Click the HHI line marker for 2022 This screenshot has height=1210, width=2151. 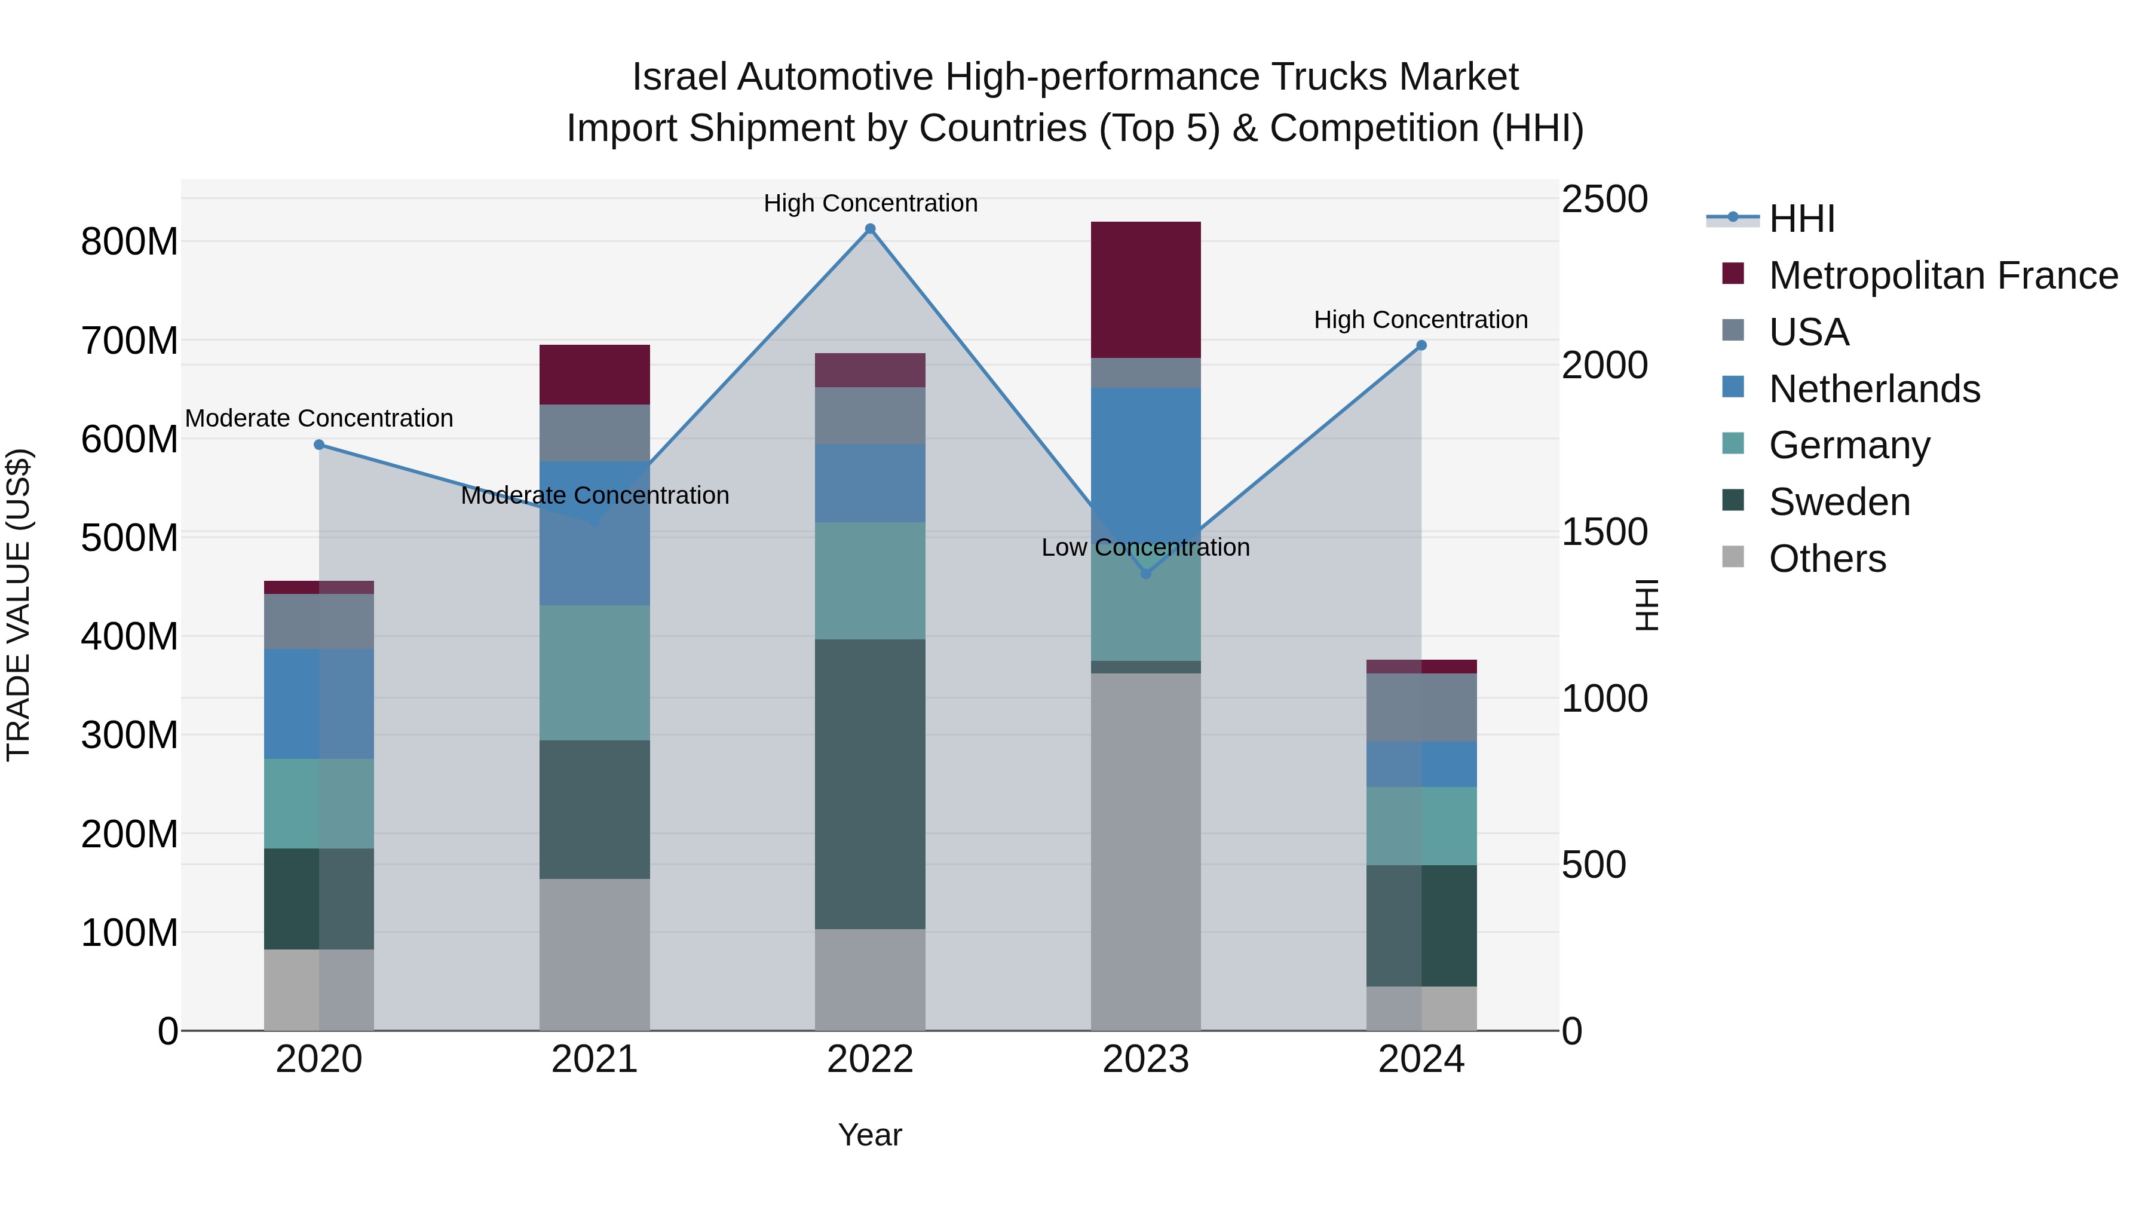(x=870, y=229)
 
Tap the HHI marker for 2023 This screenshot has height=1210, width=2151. (x=1145, y=574)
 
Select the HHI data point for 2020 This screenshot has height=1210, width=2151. (x=319, y=445)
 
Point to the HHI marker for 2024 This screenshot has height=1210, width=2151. (x=1421, y=346)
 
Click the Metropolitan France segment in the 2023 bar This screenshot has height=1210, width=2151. (x=1145, y=290)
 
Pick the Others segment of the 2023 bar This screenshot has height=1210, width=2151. (x=1145, y=851)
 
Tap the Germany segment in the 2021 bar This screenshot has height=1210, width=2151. (x=595, y=672)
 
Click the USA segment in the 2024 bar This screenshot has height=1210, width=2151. (x=1421, y=707)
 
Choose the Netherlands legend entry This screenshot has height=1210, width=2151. (x=1874, y=389)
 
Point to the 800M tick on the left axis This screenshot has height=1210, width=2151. (x=130, y=242)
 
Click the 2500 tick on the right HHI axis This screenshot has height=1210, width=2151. (x=1604, y=200)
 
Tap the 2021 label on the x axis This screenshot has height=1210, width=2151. (x=595, y=1059)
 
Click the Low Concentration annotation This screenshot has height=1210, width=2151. (x=1145, y=548)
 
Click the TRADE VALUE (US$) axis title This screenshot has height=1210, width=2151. (x=19, y=605)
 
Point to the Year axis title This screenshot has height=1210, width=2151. (x=869, y=1135)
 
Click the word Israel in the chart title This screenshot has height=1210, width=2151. (x=681, y=77)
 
